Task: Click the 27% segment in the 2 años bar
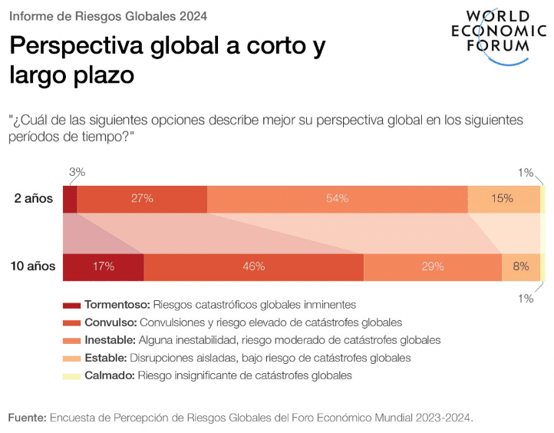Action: coord(142,198)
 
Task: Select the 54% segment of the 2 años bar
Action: coord(338,198)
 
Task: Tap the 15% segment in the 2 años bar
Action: coord(503,198)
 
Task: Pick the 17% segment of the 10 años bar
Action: coord(103,266)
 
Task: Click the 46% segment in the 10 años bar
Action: coord(253,266)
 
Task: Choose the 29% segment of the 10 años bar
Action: coord(432,266)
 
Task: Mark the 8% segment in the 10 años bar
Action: coord(521,266)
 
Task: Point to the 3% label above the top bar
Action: coord(77,173)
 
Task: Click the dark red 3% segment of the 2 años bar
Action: coord(70,198)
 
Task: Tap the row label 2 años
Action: coord(34,198)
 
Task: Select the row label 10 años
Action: coord(32,266)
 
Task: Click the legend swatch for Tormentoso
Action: coord(71,305)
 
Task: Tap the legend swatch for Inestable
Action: coord(71,340)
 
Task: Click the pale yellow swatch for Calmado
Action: coord(71,376)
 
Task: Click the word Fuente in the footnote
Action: coord(26,418)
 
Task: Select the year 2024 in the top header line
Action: coord(191,15)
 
